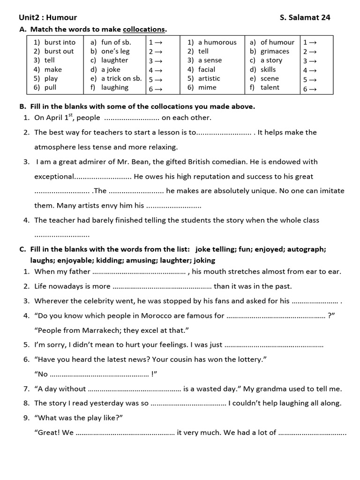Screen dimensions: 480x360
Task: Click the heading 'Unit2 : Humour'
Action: tap(47, 18)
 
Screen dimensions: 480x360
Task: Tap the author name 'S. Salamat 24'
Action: tap(305, 18)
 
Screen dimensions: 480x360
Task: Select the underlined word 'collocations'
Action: tap(144, 30)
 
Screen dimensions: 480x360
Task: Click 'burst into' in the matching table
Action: tap(60, 42)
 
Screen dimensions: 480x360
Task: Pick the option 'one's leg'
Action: tap(115, 51)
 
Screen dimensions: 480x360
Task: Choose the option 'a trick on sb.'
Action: tap(121, 78)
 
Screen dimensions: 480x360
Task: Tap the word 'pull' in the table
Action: tap(51, 87)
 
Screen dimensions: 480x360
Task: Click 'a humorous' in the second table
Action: tap(217, 42)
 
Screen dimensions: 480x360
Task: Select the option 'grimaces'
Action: tap(275, 51)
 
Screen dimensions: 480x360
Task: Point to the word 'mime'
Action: tap(207, 87)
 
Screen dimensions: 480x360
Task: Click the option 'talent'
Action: tap(270, 87)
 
